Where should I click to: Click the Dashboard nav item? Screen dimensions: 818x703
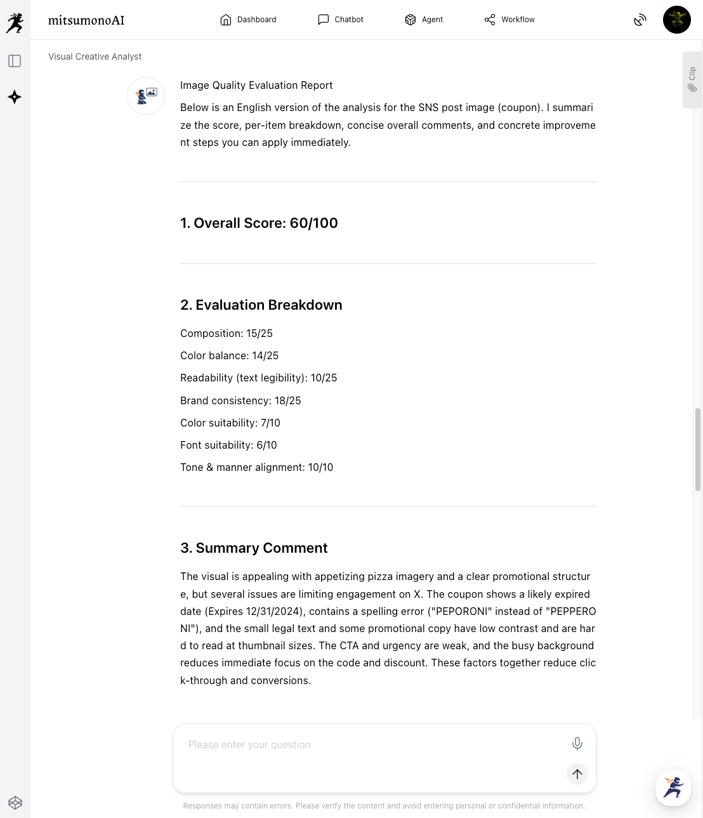pos(248,20)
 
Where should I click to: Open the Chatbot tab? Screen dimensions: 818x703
pos(341,20)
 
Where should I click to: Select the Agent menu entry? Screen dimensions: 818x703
pos(424,20)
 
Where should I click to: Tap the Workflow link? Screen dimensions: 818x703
pos(509,20)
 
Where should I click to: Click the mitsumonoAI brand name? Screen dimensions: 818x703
pos(86,20)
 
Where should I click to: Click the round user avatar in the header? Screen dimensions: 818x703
pos(676,20)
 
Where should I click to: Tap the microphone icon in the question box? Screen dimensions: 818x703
pos(577,744)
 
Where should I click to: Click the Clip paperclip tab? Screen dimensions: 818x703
pos(692,80)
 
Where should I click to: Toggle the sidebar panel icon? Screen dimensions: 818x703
pos(15,61)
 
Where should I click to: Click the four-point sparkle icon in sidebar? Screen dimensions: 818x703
pos(15,97)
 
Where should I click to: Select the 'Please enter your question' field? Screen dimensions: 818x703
pos(374,745)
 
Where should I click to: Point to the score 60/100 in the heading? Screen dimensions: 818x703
pos(313,223)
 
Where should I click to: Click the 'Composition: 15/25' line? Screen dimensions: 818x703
pos(227,334)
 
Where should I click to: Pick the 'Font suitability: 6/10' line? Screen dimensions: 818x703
pos(228,445)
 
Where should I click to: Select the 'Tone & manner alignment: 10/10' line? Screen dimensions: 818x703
pos(256,468)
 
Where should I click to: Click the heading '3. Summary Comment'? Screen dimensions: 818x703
pos(254,548)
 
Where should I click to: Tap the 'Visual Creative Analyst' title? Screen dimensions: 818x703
pos(95,56)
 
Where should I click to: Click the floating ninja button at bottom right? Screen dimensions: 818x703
pos(673,788)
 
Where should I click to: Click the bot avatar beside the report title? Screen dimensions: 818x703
pos(146,96)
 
